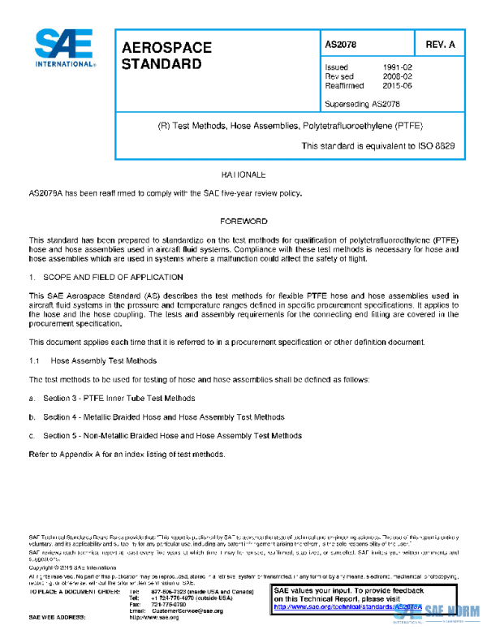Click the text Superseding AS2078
362,103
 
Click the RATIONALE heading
243,175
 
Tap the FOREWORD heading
243,222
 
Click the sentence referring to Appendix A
126,454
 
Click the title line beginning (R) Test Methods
289,127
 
